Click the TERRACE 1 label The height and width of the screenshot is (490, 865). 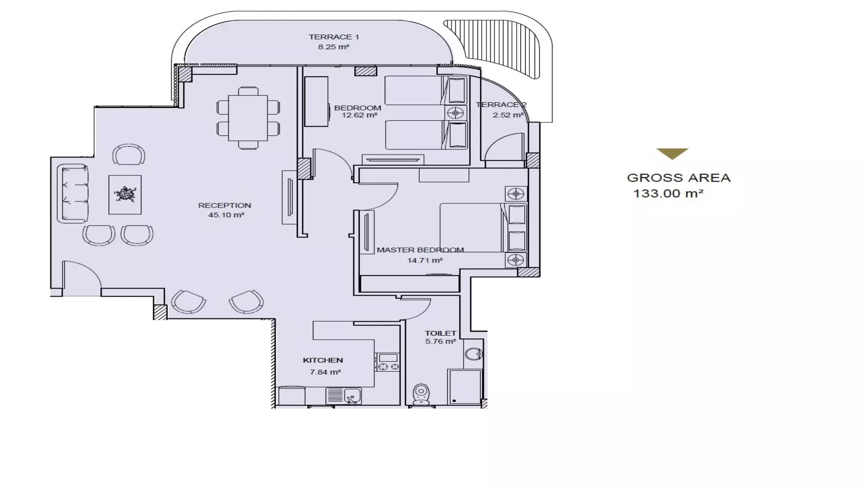point(334,37)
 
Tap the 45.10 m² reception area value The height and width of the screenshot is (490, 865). point(226,215)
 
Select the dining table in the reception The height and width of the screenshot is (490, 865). point(248,118)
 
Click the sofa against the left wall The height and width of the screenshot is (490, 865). point(73,193)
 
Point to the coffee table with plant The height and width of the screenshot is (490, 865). point(125,194)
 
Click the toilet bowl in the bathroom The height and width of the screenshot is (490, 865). point(421,394)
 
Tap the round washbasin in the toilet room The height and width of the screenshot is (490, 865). point(473,354)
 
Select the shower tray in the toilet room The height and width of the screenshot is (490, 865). point(465,387)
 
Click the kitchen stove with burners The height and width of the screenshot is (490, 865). point(387,362)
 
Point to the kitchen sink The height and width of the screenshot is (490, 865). point(352,396)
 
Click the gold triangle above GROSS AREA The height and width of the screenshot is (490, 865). point(672,153)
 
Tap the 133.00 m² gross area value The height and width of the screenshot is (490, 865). point(668,193)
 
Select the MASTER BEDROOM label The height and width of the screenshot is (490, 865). point(420,250)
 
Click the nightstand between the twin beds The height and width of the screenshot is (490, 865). point(456,113)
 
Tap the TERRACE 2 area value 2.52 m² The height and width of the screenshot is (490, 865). point(508,115)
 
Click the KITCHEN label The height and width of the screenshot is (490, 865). point(323,360)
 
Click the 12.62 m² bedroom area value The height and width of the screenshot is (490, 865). point(359,115)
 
